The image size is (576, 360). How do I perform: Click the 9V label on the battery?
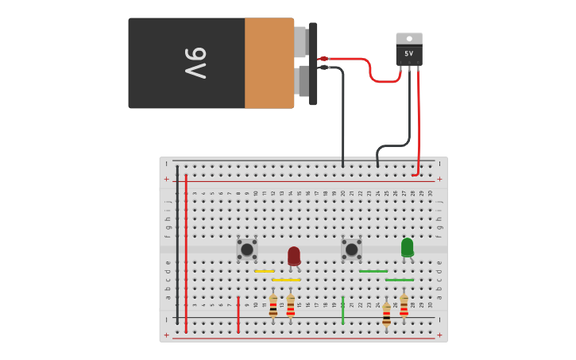(x=196, y=63)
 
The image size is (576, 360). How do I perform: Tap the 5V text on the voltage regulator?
(x=409, y=54)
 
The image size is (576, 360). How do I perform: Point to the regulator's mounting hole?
(x=409, y=38)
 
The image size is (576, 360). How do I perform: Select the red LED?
(x=294, y=255)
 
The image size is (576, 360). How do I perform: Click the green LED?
(x=407, y=247)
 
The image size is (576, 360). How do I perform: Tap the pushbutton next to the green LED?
(x=351, y=249)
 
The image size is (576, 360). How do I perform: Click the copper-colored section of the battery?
(x=269, y=64)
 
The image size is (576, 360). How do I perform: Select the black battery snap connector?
(x=313, y=64)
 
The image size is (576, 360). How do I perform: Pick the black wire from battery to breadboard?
(x=342, y=111)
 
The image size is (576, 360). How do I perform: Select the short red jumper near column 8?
(x=238, y=314)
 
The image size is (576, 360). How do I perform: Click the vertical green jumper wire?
(x=342, y=310)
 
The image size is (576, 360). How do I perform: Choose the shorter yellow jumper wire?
(x=265, y=271)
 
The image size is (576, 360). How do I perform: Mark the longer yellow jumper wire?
(x=286, y=280)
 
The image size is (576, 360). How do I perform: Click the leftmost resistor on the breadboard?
(x=273, y=306)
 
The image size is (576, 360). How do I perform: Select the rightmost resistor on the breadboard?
(x=404, y=306)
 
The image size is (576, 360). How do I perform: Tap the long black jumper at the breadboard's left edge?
(x=177, y=246)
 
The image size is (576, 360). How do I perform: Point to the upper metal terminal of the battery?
(x=300, y=42)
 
